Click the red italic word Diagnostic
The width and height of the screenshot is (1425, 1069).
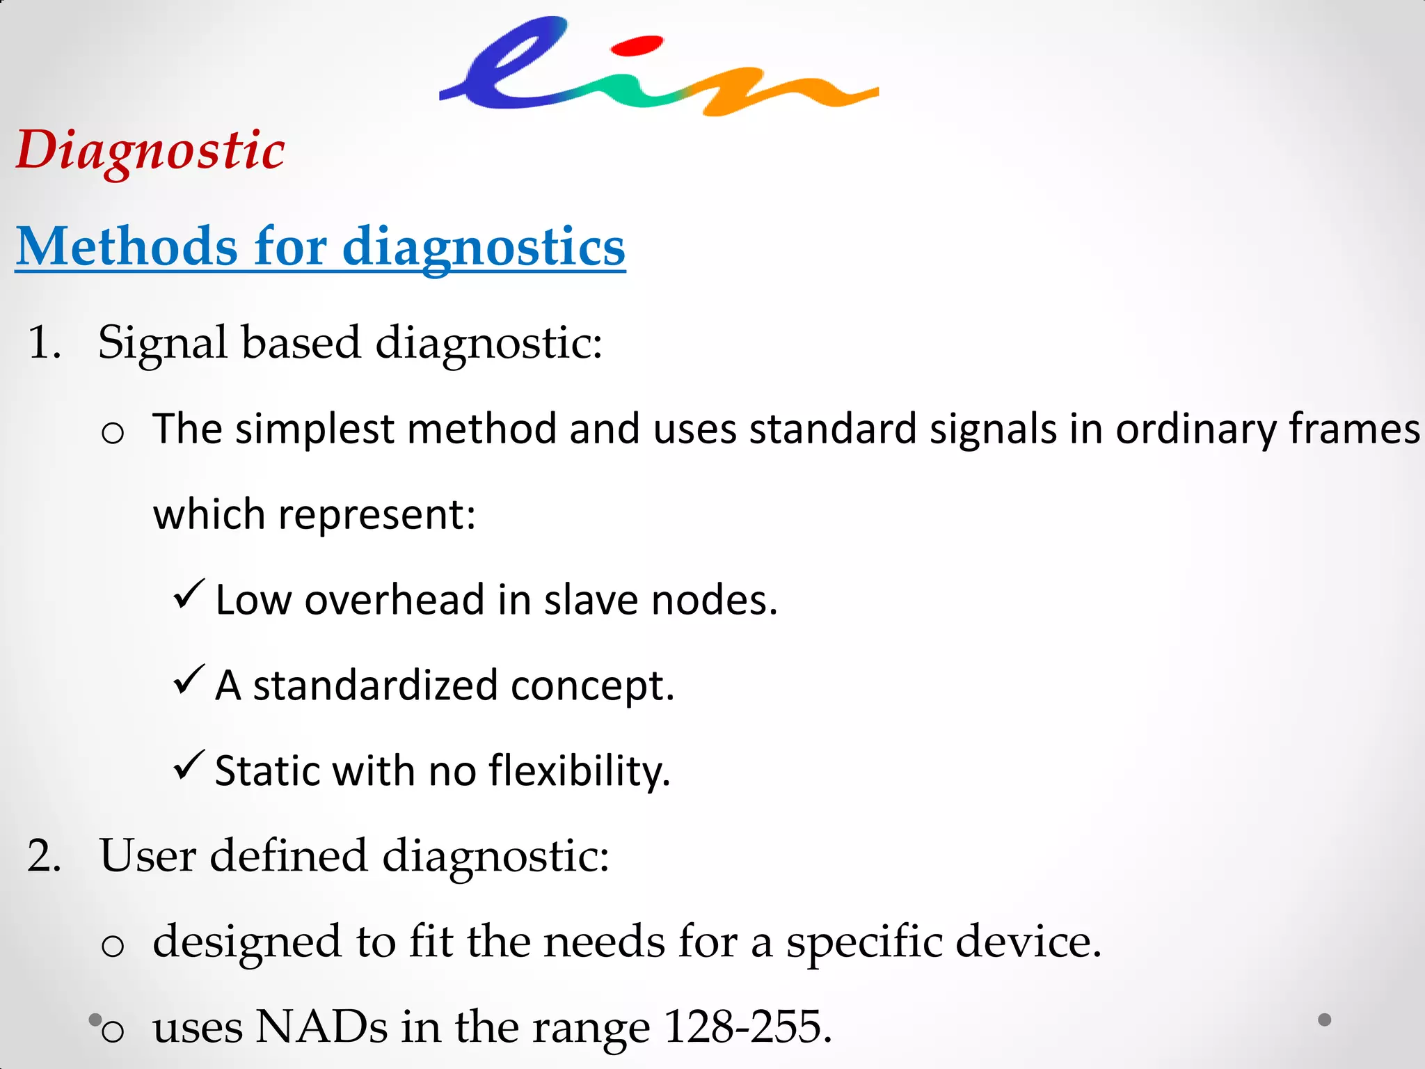click(x=150, y=150)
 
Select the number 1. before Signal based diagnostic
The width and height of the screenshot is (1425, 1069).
click(x=44, y=342)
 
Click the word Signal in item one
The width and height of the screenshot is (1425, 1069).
click(x=162, y=342)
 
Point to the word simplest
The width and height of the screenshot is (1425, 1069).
click(x=315, y=429)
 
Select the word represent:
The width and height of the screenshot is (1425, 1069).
click(x=376, y=515)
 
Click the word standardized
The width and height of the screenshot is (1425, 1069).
click(x=375, y=686)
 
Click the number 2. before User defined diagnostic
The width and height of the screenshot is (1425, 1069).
click(x=44, y=855)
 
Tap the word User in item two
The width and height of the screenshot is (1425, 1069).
click(x=147, y=855)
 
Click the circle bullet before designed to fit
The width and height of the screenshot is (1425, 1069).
click(x=113, y=946)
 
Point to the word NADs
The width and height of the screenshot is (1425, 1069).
click(x=321, y=1027)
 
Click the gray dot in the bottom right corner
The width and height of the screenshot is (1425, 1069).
click(x=1325, y=1020)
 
